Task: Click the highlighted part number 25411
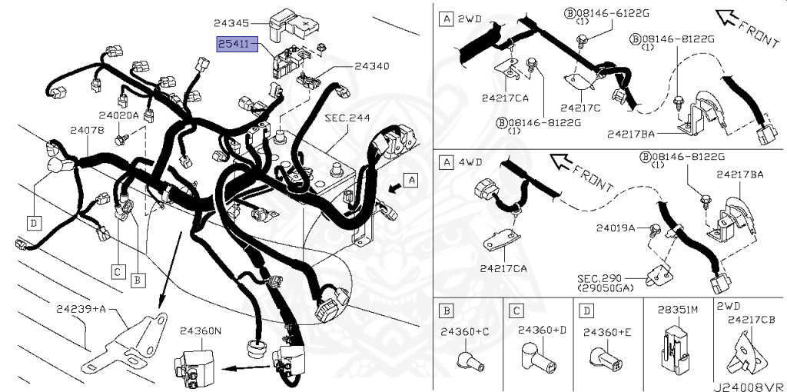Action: point(232,45)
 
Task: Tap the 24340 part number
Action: point(372,67)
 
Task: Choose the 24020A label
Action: point(121,115)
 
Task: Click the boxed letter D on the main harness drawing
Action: point(34,223)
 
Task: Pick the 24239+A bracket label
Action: point(80,309)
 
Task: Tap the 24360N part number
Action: point(200,331)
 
